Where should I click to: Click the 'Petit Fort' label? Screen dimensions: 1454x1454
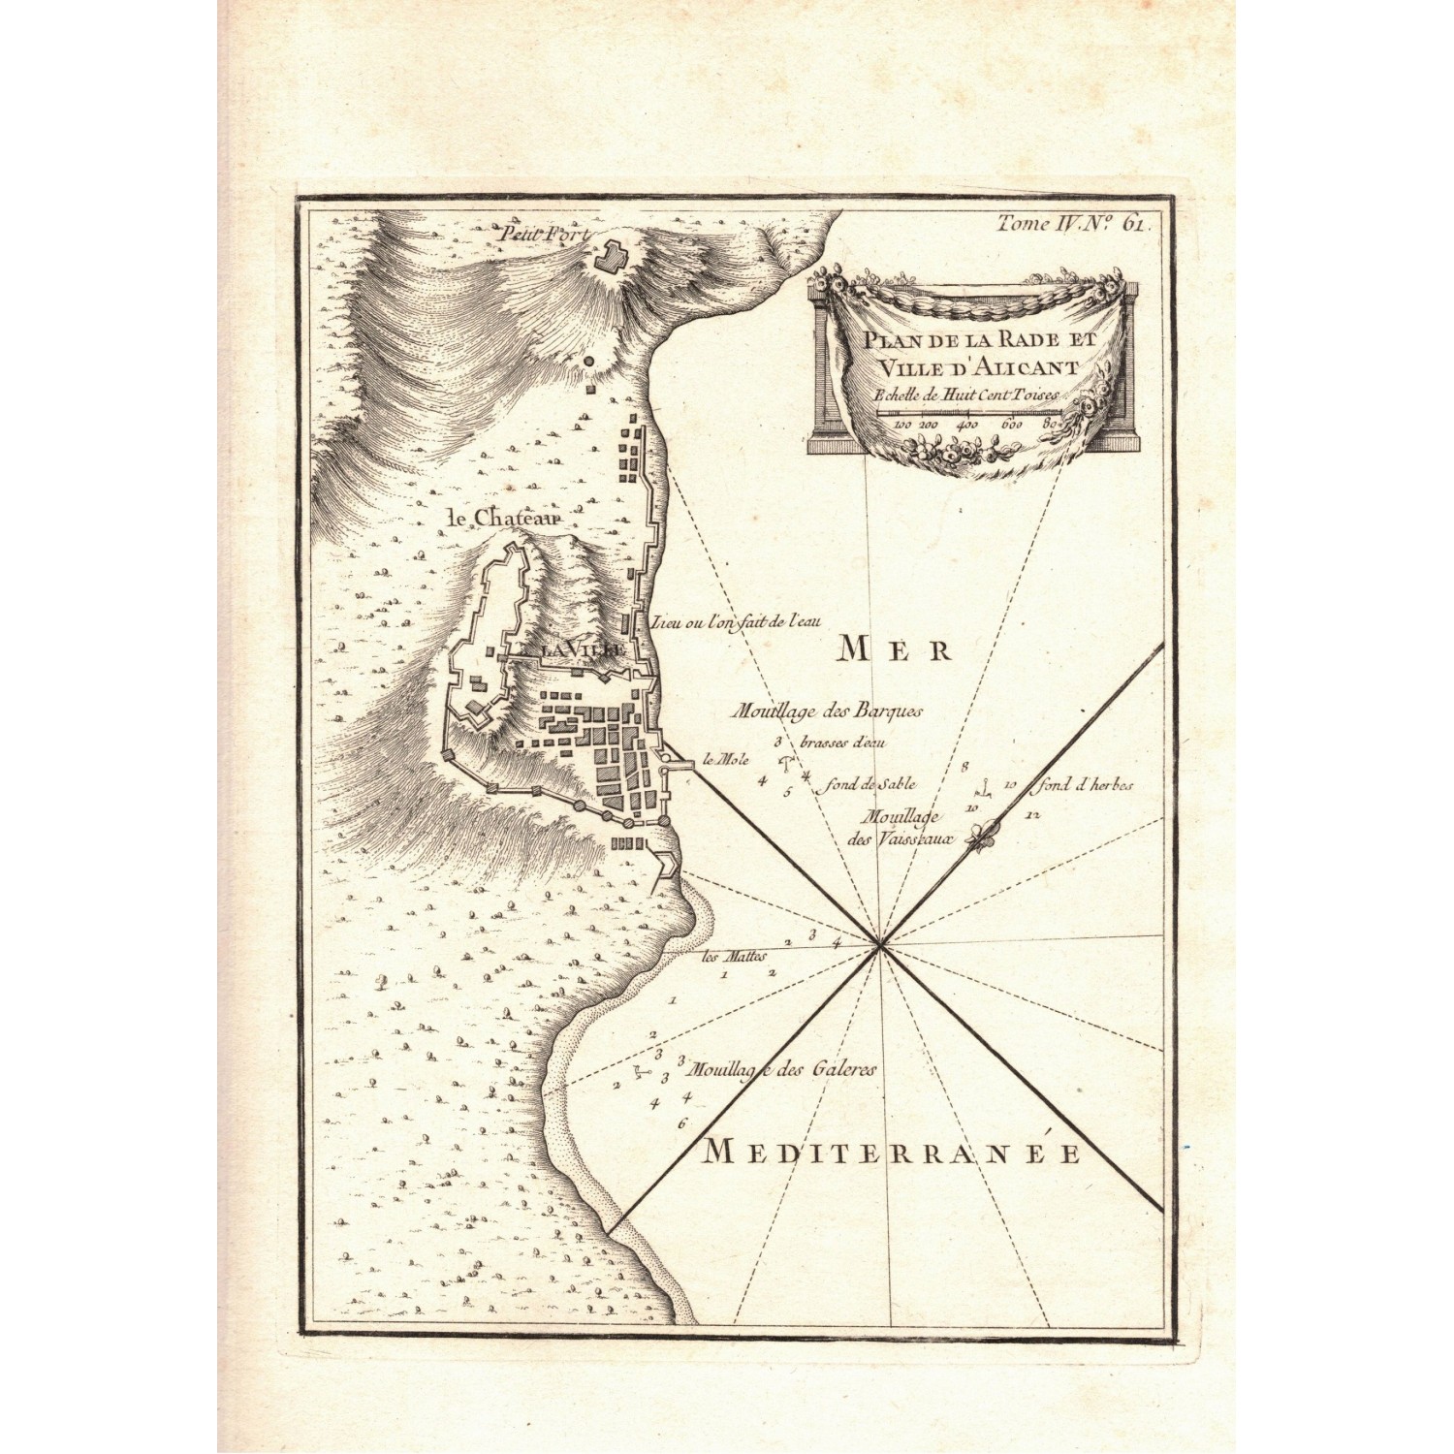pyautogui.click(x=533, y=235)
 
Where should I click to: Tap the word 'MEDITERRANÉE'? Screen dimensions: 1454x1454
pyautogui.click(x=891, y=1154)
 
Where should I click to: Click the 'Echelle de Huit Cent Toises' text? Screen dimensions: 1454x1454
pyautogui.click(x=967, y=395)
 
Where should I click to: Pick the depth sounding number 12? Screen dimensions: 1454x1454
pyautogui.click(x=1031, y=815)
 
